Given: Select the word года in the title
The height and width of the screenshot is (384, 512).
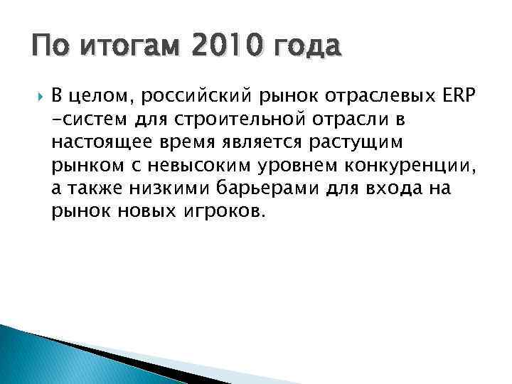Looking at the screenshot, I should [306, 48].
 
